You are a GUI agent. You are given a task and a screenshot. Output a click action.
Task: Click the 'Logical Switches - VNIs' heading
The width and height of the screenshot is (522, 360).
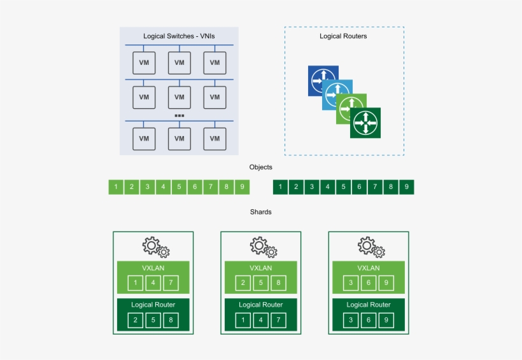pos(179,36)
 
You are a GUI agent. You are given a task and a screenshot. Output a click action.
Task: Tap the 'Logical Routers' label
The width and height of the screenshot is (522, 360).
pos(343,36)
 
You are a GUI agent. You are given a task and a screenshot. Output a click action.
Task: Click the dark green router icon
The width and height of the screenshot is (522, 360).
pos(365,122)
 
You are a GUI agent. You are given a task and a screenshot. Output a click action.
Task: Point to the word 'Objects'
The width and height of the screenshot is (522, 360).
pos(260,167)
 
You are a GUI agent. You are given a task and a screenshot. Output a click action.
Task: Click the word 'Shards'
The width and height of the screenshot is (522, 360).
pos(260,212)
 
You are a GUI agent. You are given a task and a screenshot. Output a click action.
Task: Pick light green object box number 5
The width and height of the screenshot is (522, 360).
pos(180,187)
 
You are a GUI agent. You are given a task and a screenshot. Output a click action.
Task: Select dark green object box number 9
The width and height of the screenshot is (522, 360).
pos(407,187)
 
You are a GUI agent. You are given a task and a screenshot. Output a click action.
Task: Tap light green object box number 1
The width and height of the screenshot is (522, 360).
pos(116,187)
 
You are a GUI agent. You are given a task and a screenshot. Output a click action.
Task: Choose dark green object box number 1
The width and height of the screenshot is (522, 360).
pos(280,187)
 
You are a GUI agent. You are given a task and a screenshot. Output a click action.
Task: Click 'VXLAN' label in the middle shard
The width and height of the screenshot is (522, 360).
pos(260,268)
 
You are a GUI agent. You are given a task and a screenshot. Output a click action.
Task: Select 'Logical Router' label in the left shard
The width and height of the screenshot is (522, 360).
pos(153,305)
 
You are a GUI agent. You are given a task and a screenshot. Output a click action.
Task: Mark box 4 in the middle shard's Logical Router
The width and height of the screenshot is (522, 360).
pos(260,319)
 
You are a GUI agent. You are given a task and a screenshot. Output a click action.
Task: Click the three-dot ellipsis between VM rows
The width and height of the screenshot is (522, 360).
pos(179,116)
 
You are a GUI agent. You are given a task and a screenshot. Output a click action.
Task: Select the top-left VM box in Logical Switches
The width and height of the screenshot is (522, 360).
pos(144,62)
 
